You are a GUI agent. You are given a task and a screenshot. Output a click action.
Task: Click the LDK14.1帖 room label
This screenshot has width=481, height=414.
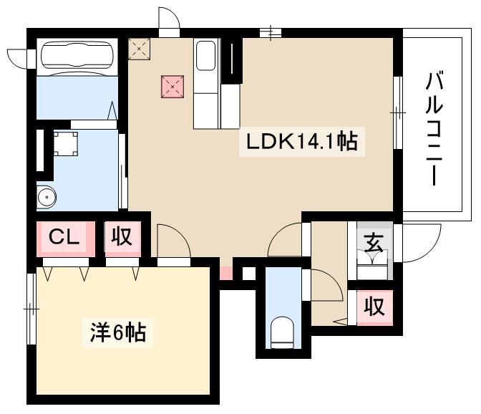tap(302, 142)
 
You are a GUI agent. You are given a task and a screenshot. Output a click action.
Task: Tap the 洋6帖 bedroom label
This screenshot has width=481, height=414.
tap(118, 332)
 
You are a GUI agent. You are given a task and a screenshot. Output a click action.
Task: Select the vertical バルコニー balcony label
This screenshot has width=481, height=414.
tap(434, 128)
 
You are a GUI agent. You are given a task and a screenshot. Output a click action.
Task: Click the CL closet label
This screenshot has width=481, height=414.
tap(64, 236)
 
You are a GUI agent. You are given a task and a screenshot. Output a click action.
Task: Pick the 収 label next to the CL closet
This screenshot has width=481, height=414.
tap(122, 236)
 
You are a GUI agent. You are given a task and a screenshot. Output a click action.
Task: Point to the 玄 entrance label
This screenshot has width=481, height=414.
tap(374, 242)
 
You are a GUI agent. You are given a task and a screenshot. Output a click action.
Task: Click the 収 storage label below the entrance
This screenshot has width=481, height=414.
tap(374, 307)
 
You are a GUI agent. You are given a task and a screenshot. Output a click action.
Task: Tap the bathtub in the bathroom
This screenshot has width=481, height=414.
tap(77, 56)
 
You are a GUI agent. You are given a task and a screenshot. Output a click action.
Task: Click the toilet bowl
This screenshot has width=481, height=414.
tap(283, 332)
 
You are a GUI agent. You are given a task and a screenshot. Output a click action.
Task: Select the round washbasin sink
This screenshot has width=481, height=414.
tap(46, 196)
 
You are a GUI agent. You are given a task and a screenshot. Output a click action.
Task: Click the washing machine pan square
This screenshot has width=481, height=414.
tap(65, 144)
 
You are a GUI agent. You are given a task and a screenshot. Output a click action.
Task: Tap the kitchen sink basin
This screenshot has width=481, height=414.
tap(205, 56)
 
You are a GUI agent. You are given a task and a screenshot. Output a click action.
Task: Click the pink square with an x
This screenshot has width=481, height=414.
tap(173, 87)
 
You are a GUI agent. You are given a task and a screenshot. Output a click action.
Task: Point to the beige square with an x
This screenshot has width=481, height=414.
tap(139, 49)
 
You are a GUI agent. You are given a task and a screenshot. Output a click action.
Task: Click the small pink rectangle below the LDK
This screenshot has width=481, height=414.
tap(226, 274)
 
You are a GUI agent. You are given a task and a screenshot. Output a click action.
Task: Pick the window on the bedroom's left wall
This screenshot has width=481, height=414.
tap(31, 309)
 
